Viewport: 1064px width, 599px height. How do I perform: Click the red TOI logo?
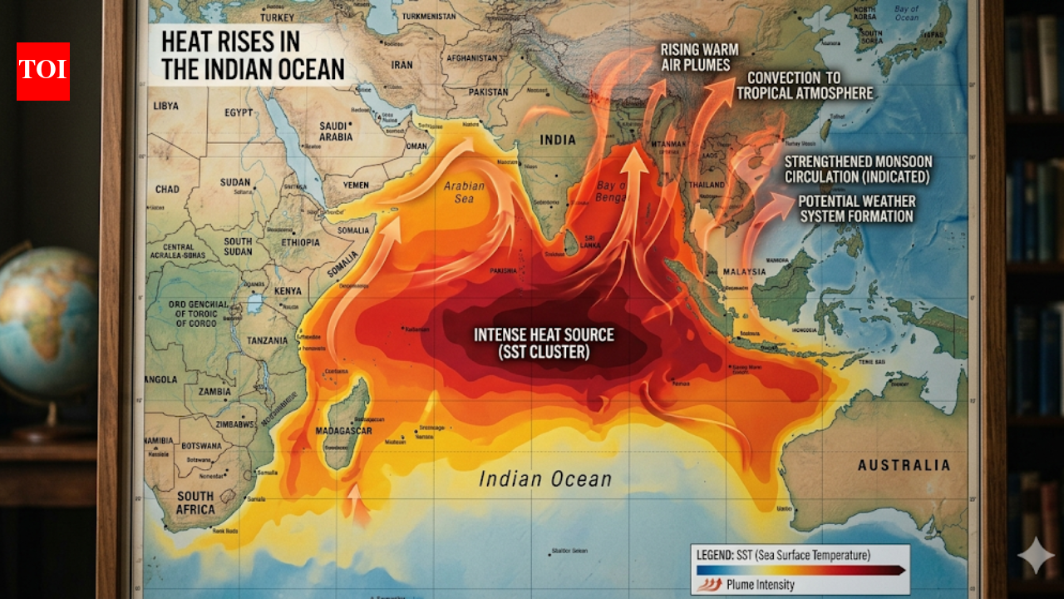click(x=43, y=72)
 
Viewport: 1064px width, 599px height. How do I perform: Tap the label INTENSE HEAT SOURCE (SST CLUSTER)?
click(x=544, y=344)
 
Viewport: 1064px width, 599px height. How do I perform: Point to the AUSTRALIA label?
click(x=904, y=465)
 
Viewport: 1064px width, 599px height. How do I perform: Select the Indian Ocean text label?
click(x=545, y=479)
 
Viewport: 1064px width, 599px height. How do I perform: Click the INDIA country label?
click(x=558, y=140)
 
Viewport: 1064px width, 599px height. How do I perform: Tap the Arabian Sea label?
click(x=464, y=193)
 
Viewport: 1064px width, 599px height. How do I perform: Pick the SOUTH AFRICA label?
click(x=195, y=502)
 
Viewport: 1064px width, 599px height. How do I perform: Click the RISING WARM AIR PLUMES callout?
click(x=695, y=57)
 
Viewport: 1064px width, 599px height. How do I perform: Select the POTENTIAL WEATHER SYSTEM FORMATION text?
click(x=856, y=209)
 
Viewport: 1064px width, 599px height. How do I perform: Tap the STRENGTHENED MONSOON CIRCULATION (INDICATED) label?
click(x=858, y=169)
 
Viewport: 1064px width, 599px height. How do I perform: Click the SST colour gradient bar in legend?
click(x=800, y=570)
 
